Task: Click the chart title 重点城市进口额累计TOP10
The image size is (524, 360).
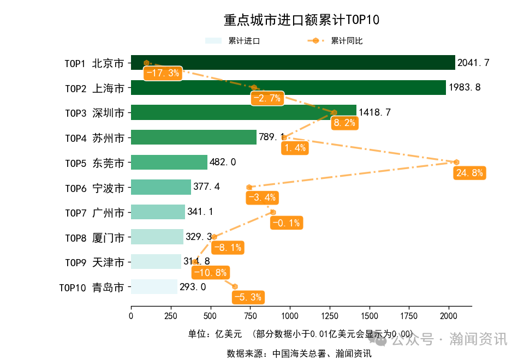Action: coord(301,20)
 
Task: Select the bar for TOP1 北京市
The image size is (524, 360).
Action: coord(293,63)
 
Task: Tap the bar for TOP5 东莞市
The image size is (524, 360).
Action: coord(169,163)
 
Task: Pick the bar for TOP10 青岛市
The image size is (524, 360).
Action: coord(154,287)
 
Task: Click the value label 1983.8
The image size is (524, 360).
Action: coord(465,88)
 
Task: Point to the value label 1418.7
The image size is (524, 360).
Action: coord(374,113)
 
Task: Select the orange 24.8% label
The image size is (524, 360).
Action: coord(469,173)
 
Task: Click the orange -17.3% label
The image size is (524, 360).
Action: coord(162,74)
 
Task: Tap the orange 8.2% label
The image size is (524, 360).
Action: coord(344,123)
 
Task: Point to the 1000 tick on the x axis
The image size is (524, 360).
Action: coord(290,316)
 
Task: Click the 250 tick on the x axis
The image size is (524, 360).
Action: coord(171,316)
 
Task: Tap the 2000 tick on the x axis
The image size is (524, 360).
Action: coord(449,316)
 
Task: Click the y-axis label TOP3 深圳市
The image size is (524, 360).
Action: coord(94,113)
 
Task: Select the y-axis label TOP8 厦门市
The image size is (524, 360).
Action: coord(94,237)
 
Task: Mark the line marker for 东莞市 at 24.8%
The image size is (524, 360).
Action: coord(456,162)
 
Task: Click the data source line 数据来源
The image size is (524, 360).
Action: coord(299,353)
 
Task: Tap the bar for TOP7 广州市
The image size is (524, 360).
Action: coord(158,212)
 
